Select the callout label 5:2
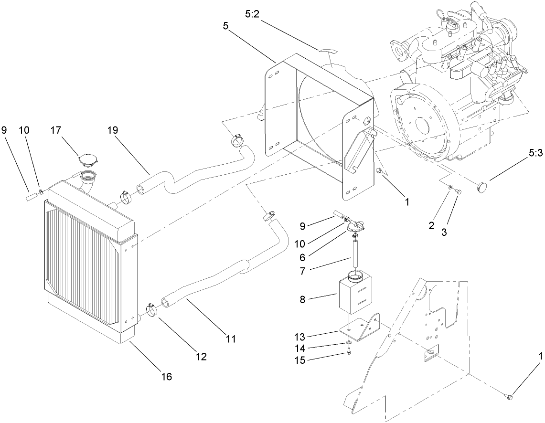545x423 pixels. click(x=253, y=15)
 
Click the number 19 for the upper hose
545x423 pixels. click(x=113, y=130)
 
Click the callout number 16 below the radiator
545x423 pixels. click(x=167, y=377)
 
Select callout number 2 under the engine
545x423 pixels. click(x=432, y=226)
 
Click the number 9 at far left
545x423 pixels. click(x=4, y=130)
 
